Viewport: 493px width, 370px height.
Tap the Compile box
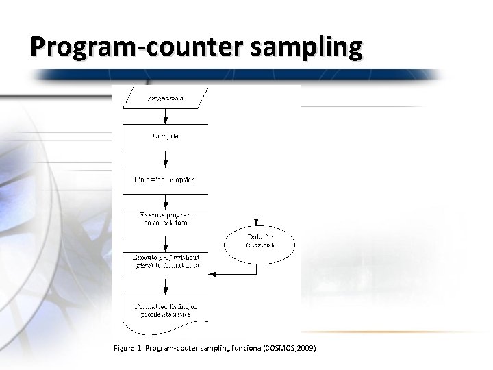(x=165, y=137)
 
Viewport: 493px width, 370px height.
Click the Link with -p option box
(x=165, y=180)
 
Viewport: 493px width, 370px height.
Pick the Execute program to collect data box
(x=165, y=219)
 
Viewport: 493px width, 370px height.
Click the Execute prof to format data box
(x=165, y=261)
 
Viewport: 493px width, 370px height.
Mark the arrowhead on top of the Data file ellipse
(x=256, y=223)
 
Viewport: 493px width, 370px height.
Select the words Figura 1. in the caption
(x=127, y=349)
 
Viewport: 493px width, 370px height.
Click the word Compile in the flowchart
(x=165, y=136)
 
